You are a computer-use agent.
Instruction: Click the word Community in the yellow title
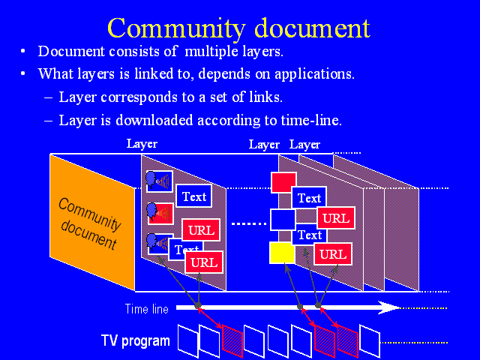pyautogui.click(x=176, y=28)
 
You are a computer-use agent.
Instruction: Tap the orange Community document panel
pyautogui.click(x=92, y=222)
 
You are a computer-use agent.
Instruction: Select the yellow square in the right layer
pyautogui.click(x=282, y=253)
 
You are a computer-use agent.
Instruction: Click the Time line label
pyautogui.click(x=147, y=309)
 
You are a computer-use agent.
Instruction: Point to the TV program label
pyautogui.click(x=135, y=341)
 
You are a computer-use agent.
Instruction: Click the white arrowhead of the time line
pyautogui.click(x=388, y=307)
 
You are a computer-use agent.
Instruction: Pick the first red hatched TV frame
pyautogui.click(x=232, y=340)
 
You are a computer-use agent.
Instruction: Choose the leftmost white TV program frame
pyautogui.click(x=187, y=340)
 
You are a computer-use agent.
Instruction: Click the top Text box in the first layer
pyautogui.click(x=194, y=196)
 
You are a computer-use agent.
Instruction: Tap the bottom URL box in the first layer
pyautogui.click(x=204, y=262)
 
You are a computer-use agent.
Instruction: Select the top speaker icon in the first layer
pyautogui.click(x=159, y=181)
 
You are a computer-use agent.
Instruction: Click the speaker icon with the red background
pyautogui.click(x=160, y=213)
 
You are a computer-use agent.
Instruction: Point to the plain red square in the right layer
pyautogui.click(x=283, y=182)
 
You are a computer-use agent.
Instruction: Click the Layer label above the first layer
pyautogui.click(x=142, y=144)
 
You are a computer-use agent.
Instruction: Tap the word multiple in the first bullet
pyautogui.click(x=211, y=52)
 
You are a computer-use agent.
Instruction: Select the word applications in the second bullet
pyautogui.click(x=314, y=74)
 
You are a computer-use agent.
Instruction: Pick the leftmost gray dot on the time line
pyautogui.click(x=198, y=305)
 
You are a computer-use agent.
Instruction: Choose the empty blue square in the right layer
pyautogui.click(x=283, y=220)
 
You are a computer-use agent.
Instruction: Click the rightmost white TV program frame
pyautogui.click(x=370, y=341)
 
